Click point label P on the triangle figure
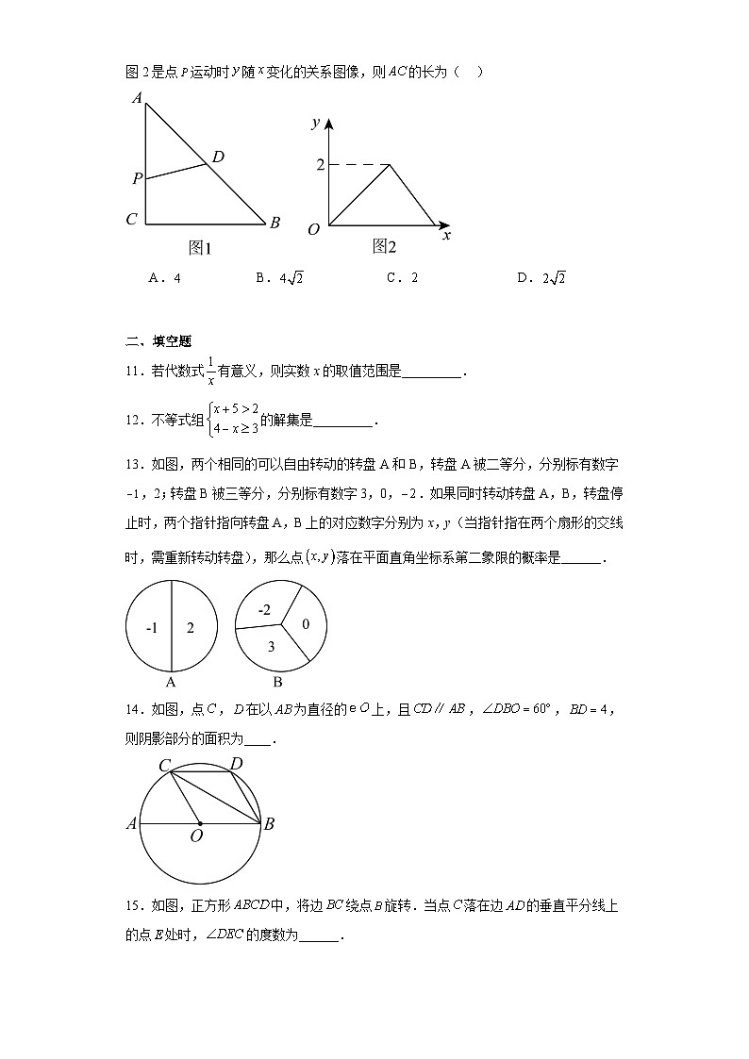(137, 177)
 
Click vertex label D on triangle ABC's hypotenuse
(218, 157)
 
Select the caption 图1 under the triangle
(200, 248)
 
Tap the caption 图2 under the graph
(384, 247)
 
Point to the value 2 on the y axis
(320, 165)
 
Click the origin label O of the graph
(312, 229)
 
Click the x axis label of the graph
(446, 236)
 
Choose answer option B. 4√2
(279, 278)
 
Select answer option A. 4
(165, 278)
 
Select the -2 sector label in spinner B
(264, 610)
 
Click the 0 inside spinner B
(306, 623)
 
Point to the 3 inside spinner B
(271, 647)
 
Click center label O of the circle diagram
(196, 836)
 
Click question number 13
(133, 465)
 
